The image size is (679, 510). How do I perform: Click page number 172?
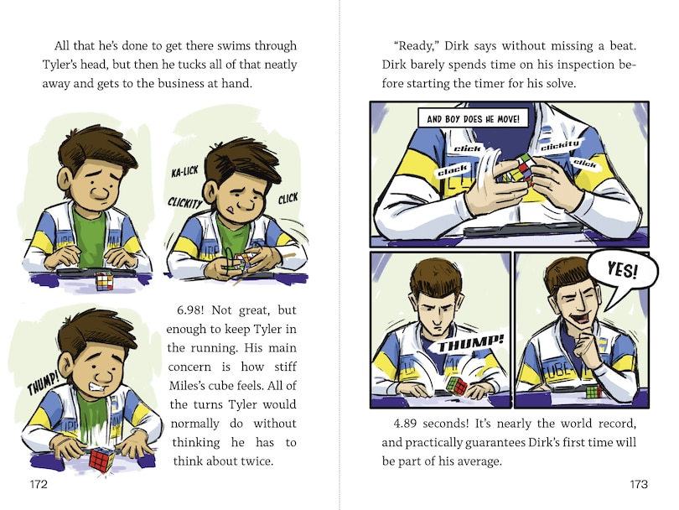tap(39, 484)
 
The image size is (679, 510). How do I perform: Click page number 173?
tap(639, 484)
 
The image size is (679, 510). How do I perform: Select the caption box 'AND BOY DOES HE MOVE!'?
tap(474, 118)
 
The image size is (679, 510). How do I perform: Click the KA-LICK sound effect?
tap(185, 172)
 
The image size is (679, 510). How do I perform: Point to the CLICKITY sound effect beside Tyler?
tap(185, 202)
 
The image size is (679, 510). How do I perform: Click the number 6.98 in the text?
tap(188, 310)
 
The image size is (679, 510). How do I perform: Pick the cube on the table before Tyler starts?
tap(104, 281)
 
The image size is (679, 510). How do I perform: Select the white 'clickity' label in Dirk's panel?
tap(560, 145)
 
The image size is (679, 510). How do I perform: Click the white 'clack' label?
tap(453, 171)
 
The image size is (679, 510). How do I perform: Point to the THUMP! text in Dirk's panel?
tap(470, 344)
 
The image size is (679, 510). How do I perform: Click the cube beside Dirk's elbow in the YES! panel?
tap(593, 392)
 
